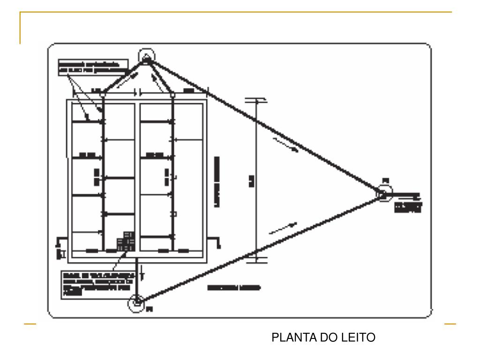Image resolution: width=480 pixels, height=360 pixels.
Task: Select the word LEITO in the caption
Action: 359,337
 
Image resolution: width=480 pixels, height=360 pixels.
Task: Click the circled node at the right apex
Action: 383,192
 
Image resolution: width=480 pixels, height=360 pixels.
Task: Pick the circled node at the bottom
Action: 136,302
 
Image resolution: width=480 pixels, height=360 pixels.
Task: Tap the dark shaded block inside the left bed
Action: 125,241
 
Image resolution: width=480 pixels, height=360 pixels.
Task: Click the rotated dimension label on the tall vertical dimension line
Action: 251,179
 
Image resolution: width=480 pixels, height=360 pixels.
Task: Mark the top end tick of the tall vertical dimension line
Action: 256,100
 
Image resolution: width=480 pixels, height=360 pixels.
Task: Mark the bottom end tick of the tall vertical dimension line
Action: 256,261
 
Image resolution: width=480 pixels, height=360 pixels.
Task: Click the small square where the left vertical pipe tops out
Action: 103,95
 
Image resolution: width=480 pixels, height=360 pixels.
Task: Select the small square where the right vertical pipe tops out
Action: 173,95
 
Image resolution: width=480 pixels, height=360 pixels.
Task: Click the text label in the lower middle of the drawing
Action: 234,287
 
